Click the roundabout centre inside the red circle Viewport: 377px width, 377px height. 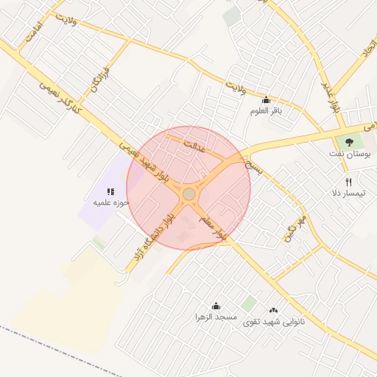(189, 194)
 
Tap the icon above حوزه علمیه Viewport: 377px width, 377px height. (111, 191)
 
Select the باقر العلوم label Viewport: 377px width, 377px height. (266, 110)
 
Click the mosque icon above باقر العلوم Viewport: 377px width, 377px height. (266, 100)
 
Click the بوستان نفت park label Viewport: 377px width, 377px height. (350, 156)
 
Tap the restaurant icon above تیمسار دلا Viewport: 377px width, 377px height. (349, 182)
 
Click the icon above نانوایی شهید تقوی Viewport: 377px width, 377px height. (274, 311)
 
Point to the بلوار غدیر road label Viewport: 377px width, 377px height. (331, 96)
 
